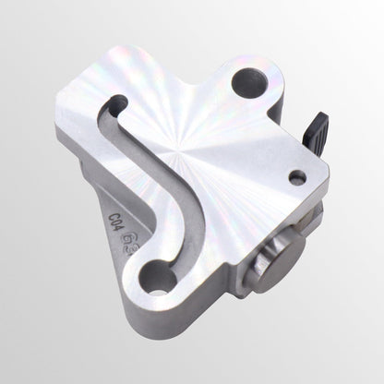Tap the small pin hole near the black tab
[x=296, y=176]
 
